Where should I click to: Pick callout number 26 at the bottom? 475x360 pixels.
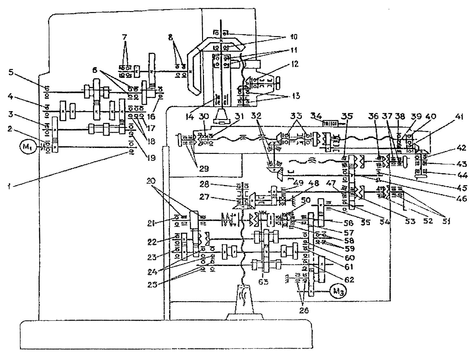(x=304, y=310)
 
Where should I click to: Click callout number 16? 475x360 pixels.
(x=151, y=116)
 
